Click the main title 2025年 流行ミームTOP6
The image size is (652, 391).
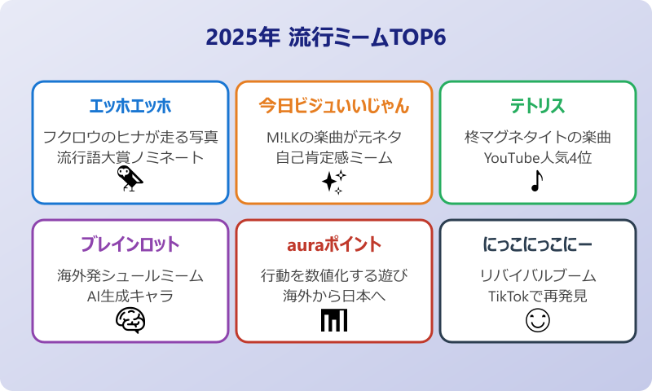[326, 38]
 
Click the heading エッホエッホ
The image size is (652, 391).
[130, 107]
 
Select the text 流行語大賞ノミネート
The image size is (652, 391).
[130, 157]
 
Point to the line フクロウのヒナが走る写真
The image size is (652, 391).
[130, 136]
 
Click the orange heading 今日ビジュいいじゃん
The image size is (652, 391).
[334, 107]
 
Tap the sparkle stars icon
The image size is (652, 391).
[333, 182]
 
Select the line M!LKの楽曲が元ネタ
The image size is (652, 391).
[334, 136]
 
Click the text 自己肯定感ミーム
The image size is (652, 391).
[334, 157]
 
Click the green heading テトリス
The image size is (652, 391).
[538, 107]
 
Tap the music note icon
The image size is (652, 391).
[535, 180]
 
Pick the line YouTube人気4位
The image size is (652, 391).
[538, 157]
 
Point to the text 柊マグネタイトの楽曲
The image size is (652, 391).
[538, 136]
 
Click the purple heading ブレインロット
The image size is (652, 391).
[130, 245]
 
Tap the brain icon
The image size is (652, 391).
[130, 320]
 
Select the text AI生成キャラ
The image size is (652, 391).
[130, 296]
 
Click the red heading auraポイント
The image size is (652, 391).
[334, 245]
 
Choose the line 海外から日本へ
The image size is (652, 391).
[334, 296]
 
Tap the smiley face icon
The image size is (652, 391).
[538, 320]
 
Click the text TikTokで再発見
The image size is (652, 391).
[538, 296]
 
